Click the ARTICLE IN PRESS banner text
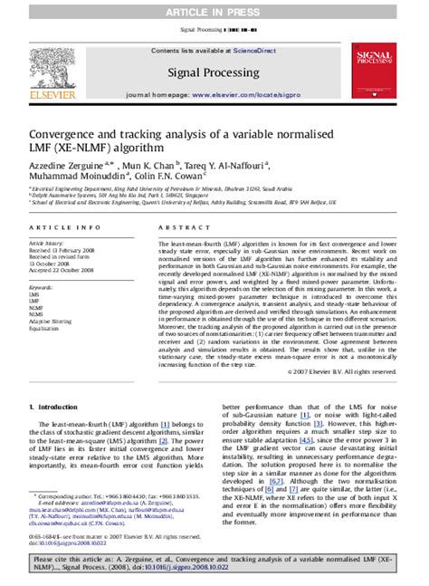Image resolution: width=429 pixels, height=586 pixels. [x=214, y=9]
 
